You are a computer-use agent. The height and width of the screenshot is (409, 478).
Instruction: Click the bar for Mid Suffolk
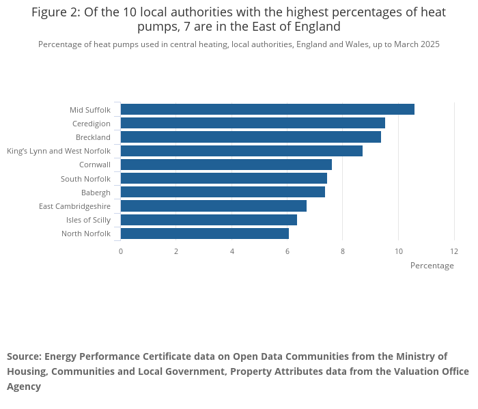[267, 109]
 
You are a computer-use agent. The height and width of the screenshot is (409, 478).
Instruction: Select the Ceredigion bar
[253, 123]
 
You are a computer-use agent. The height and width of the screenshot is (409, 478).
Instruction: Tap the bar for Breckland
[251, 137]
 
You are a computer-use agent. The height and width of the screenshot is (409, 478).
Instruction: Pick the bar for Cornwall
[226, 165]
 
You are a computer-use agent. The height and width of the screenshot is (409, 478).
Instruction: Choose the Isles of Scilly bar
[208, 220]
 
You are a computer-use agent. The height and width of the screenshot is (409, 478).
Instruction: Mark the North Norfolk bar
[204, 234]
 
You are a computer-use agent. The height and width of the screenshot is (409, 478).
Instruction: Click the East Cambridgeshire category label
[74, 206]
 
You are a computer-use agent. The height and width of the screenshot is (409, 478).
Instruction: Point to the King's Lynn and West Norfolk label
[58, 151]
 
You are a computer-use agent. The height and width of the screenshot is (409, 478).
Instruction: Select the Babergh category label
[96, 193]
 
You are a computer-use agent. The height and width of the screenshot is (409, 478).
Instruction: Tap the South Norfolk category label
[85, 179]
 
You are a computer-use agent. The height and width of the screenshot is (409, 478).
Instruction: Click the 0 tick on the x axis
[121, 251]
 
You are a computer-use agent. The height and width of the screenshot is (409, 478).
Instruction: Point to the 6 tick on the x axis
[287, 251]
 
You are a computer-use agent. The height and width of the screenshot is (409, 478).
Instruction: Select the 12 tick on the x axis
[454, 251]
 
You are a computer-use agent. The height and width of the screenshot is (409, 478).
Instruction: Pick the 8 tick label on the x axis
[343, 251]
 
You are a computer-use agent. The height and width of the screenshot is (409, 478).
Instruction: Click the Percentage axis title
[432, 266]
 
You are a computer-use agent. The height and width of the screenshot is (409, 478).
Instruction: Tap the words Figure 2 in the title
[54, 12]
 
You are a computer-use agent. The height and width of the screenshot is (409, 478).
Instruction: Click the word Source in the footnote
[23, 356]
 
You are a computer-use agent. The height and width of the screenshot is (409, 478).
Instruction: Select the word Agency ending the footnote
[24, 386]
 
